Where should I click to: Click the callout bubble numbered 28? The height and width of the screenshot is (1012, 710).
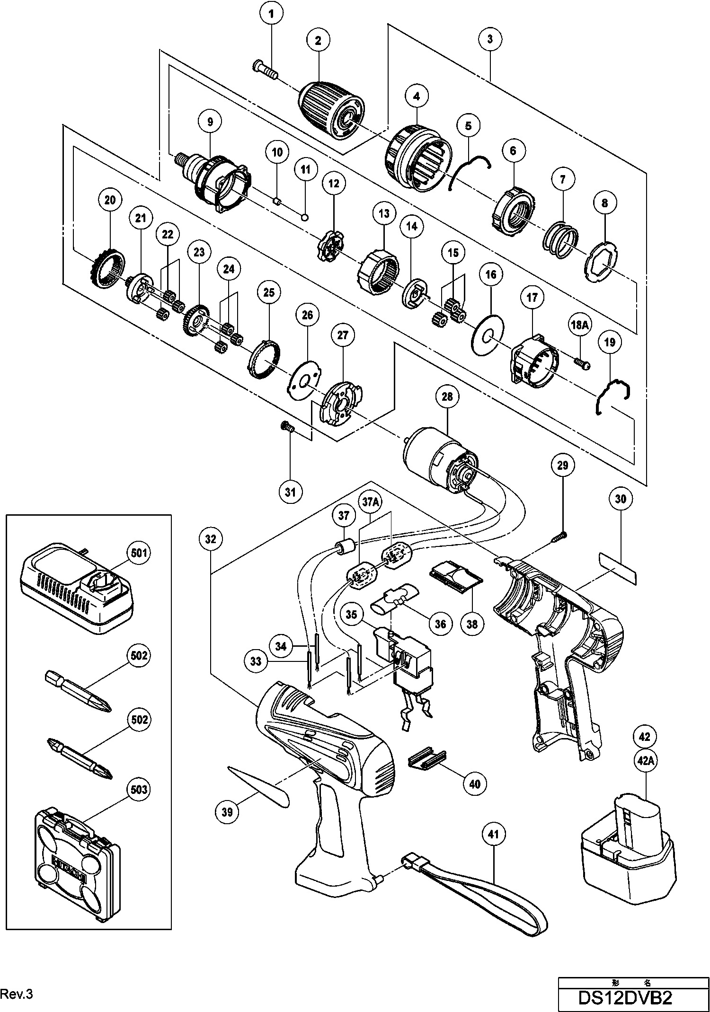point(447,396)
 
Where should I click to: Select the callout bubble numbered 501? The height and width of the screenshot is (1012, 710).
point(137,552)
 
